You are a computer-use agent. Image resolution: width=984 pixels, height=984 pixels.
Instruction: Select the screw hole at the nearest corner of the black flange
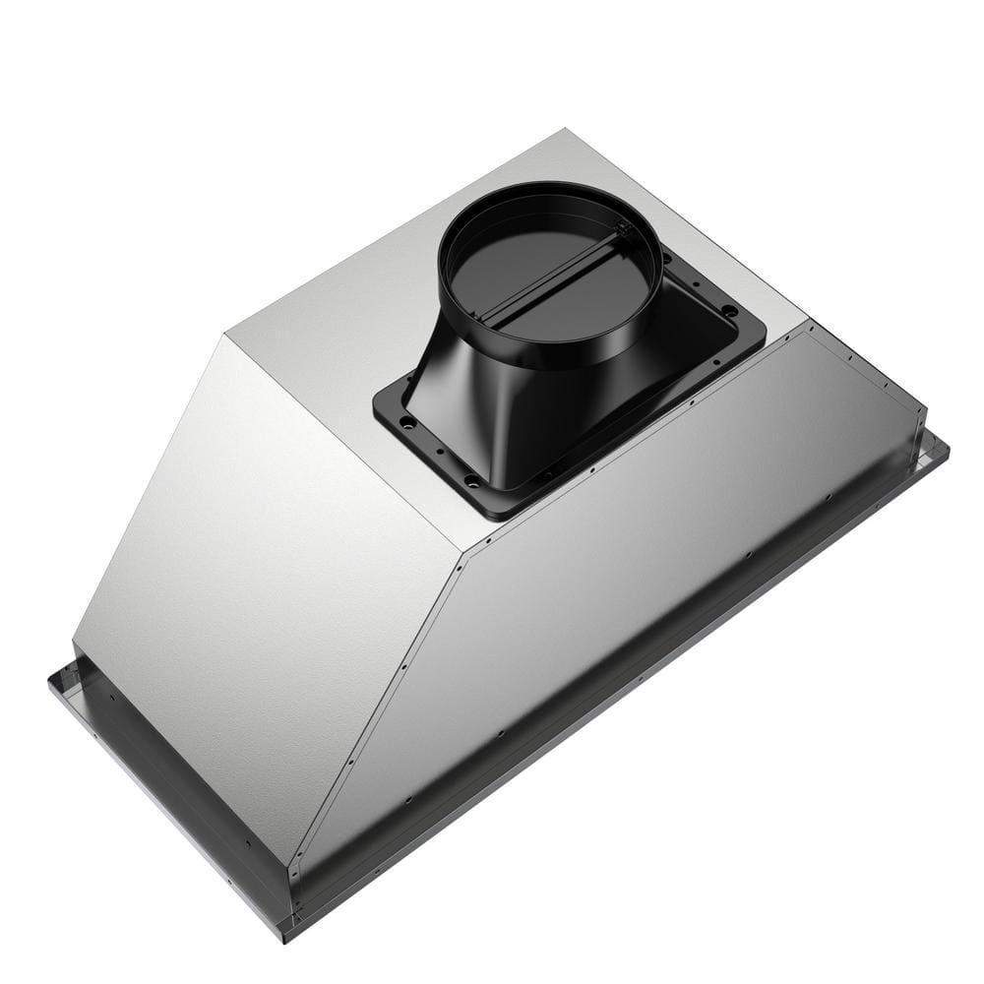474,481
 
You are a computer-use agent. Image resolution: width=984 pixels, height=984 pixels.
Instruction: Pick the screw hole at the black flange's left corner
404,421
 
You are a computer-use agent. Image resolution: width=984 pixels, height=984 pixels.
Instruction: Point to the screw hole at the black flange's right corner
729,311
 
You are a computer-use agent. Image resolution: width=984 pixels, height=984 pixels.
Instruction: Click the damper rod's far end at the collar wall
622,230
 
